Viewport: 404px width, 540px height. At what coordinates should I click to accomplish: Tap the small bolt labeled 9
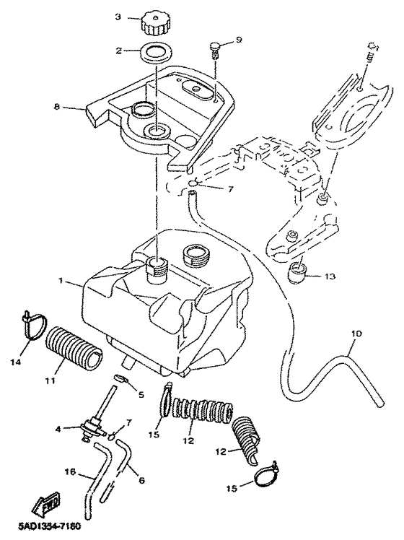pos(215,50)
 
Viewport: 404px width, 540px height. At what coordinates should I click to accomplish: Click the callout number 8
pos(57,106)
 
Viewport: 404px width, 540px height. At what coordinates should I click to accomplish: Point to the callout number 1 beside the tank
pos(61,281)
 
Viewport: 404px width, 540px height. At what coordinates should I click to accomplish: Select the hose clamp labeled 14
pos(35,325)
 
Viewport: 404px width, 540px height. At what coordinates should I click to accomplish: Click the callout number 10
pos(357,334)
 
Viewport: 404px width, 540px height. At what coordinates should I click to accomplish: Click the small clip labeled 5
pos(120,378)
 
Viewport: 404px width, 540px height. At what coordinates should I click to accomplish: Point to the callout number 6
pos(142,480)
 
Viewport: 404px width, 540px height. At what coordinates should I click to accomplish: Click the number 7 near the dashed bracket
pos(230,189)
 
